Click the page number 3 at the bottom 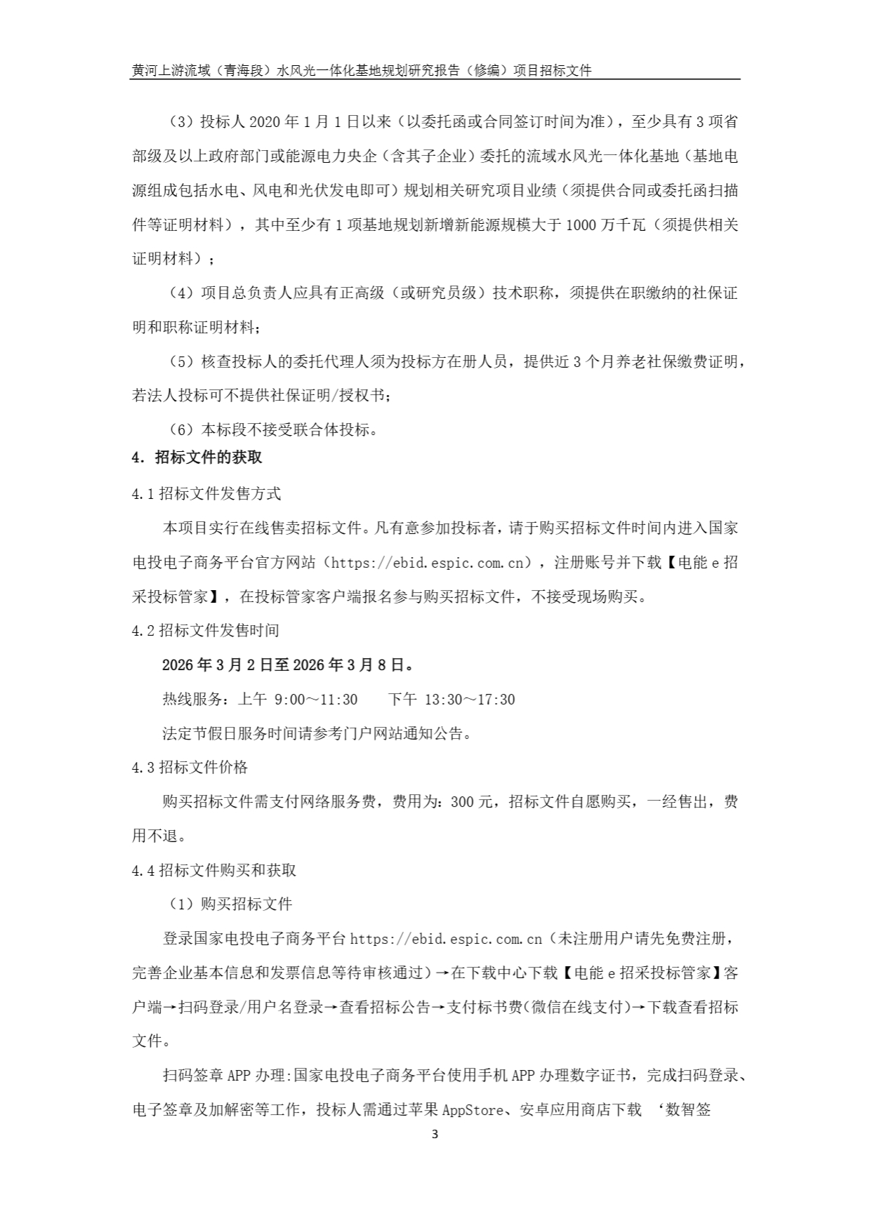click(435, 1134)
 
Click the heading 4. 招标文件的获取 click(197, 457)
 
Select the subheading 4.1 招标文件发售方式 click(206, 494)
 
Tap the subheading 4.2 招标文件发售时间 click(206, 630)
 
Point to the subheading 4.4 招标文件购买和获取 click(214, 870)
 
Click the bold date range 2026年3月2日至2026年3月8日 click(288, 664)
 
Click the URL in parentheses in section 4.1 click(427, 563)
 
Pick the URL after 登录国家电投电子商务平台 click(446, 939)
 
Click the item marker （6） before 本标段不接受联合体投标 click(181, 429)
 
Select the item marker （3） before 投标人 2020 click(181, 122)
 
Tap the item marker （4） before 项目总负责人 click(181, 293)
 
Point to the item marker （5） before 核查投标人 click(181, 362)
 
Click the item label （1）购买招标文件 click(230, 904)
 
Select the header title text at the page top click(362, 70)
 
